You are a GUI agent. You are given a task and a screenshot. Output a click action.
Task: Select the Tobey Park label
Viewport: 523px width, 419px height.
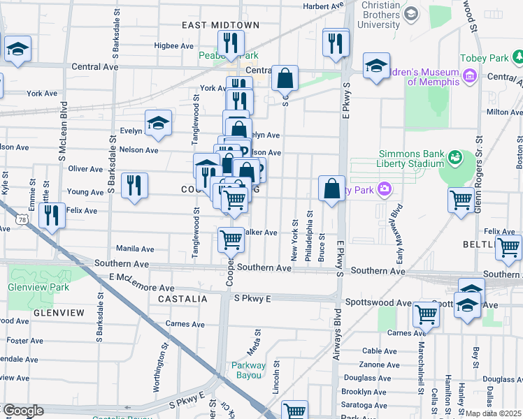(x=482, y=59)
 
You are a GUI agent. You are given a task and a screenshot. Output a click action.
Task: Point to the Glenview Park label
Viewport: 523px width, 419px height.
(x=29, y=287)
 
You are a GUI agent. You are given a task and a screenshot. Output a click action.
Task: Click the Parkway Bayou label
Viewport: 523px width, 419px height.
(x=249, y=370)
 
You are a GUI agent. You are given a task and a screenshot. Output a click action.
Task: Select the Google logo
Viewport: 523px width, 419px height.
(x=23, y=411)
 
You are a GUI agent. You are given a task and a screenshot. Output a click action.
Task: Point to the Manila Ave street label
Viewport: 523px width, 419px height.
(x=135, y=249)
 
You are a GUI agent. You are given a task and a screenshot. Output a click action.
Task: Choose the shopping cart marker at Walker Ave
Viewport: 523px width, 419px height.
(x=231, y=239)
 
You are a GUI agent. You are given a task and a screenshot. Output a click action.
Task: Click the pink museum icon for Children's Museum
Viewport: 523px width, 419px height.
(x=470, y=74)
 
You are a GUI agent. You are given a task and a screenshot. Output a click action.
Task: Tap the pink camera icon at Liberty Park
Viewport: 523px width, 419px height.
(x=383, y=189)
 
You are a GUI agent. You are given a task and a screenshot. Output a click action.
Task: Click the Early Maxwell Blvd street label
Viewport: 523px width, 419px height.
(x=396, y=223)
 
